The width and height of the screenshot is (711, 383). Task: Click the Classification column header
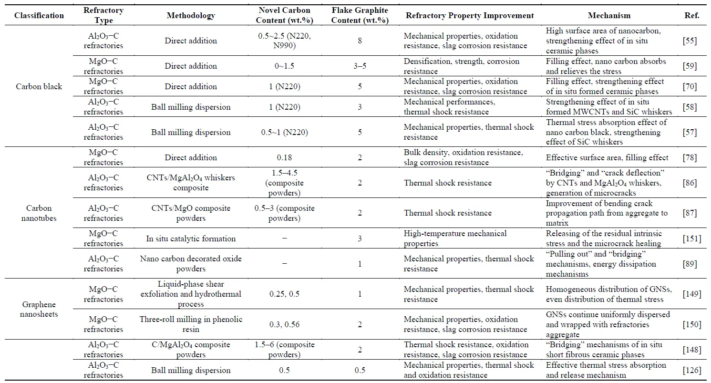[x=39, y=15]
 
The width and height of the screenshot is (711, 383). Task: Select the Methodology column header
[x=191, y=15]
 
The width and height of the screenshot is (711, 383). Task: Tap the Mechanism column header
[x=609, y=15]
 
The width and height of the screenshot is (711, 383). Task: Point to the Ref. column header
[x=691, y=15]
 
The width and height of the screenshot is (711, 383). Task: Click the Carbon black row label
[x=39, y=86]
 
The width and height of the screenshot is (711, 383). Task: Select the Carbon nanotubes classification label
[x=39, y=213]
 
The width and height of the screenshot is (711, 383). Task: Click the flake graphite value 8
[x=360, y=41]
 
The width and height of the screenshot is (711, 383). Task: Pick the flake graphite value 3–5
[x=360, y=66]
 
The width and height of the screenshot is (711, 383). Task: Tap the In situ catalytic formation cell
[x=191, y=238]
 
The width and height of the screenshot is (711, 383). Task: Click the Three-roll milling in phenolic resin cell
[x=191, y=324]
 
